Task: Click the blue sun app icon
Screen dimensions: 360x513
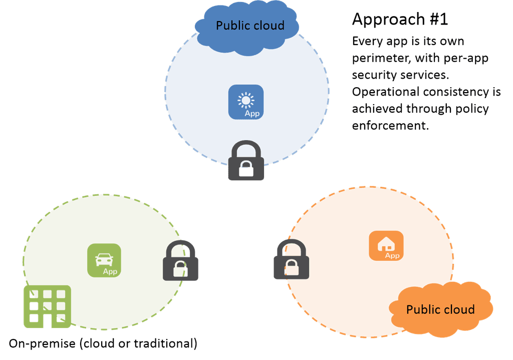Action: [245, 102]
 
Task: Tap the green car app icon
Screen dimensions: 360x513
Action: [104, 260]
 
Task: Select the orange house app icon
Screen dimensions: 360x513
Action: [386, 245]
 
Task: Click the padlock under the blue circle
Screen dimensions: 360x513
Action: [245, 161]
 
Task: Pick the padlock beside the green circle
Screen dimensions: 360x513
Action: [180, 261]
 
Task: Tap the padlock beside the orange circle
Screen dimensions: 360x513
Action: [291, 259]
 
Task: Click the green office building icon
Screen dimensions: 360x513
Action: [48, 306]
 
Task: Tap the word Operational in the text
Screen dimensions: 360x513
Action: [384, 92]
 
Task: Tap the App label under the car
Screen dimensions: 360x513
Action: [110, 272]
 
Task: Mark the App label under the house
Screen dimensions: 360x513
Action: [392, 256]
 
